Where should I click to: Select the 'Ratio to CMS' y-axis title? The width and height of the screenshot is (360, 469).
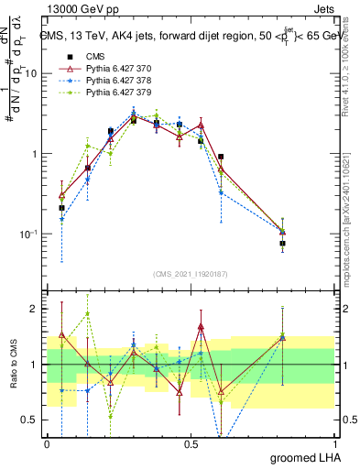coord(13,365)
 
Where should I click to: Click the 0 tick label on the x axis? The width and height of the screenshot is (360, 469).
coord(47,443)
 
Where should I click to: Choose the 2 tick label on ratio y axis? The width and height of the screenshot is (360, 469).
coord(37,309)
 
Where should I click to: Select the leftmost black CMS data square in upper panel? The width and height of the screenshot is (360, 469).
coord(61,208)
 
